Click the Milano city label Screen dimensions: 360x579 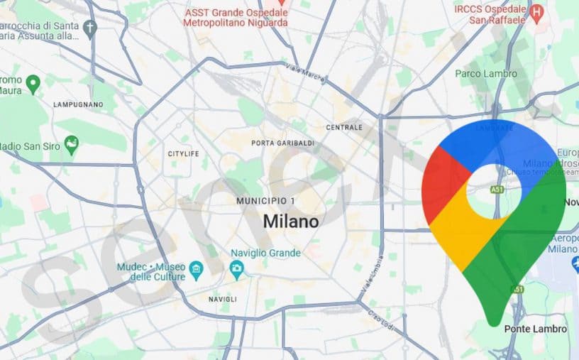291,221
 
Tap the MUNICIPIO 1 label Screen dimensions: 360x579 265,201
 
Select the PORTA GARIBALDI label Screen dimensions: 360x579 282,143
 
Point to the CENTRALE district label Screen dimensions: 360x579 344,128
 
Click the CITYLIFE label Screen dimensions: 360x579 183,153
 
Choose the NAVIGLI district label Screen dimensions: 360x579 222,299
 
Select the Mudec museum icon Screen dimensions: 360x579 197,270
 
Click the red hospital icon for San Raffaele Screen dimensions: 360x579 537,11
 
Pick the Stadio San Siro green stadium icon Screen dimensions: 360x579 71,146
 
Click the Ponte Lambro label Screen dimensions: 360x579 535,329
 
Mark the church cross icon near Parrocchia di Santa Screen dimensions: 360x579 89,28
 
